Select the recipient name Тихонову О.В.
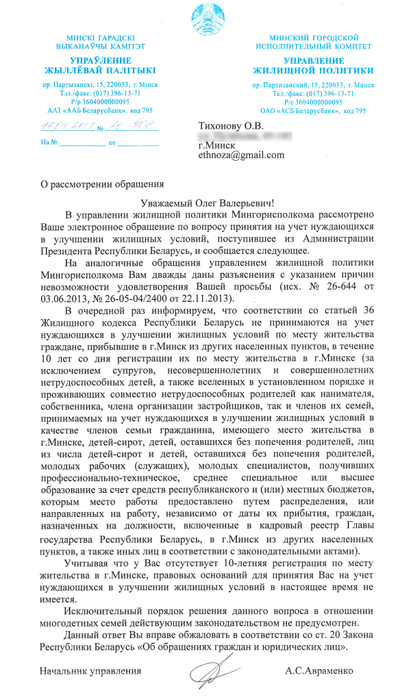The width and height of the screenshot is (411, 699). (x=229, y=125)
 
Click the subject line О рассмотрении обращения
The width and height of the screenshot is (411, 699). (x=99, y=183)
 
